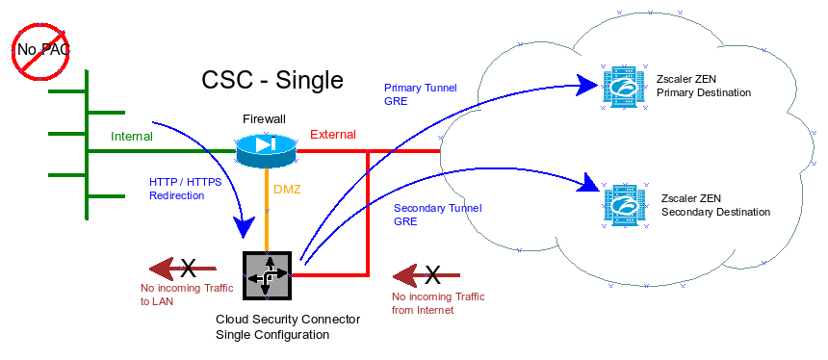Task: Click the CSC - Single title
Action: (272, 80)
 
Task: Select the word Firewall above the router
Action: (264, 118)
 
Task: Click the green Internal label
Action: (132, 137)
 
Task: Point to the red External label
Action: (332, 135)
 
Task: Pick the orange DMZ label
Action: (287, 190)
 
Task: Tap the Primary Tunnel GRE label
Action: (420, 93)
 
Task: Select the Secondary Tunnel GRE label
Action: (437, 214)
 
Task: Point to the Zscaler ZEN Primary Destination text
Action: (703, 87)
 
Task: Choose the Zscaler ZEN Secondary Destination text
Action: (715, 205)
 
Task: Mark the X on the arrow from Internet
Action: (432, 275)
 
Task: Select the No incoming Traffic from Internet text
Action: (437, 303)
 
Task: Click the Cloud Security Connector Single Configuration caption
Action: (287, 327)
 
